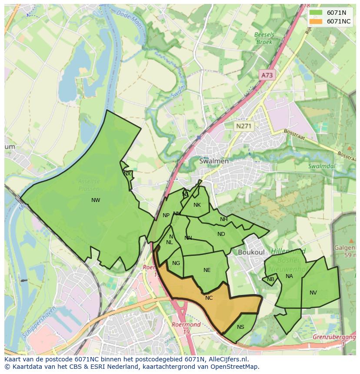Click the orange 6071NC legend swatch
tap(316, 21)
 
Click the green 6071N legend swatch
tap(316, 13)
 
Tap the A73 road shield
tap(267, 75)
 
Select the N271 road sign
tap(243, 126)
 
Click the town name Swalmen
tap(213, 161)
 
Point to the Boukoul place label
tap(251, 252)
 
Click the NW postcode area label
tap(96, 200)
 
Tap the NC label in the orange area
tap(209, 298)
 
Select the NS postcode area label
tap(240, 327)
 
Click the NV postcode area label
tap(313, 293)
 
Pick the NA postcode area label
tap(289, 276)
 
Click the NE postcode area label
tap(207, 270)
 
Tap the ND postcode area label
tap(221, 234)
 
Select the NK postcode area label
tap(197, 205)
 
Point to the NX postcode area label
tap(127, 174)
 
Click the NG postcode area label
tap(176, 263)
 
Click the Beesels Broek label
tap(263, 39)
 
